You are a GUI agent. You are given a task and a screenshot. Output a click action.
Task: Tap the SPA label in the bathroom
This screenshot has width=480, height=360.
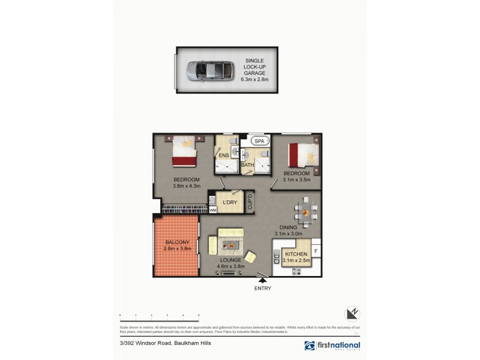[x=259, y=141]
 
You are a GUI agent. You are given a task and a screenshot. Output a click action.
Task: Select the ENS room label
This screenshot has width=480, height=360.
[x=223, y=155]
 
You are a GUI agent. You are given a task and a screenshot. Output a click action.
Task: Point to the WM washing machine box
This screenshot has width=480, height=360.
[x=212, y=211]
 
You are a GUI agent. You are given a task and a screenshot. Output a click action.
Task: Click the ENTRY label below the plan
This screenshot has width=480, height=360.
[x=263, y=289]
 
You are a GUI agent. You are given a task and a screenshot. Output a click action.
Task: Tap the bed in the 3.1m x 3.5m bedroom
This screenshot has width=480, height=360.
[x=303, y=154]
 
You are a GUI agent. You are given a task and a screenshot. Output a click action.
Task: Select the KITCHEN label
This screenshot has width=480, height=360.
[x=296, y=254]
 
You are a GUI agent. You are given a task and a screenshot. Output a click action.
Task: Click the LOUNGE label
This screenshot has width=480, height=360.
[x=230, y=260]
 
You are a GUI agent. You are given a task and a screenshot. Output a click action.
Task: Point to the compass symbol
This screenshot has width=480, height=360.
[x=353, y=313]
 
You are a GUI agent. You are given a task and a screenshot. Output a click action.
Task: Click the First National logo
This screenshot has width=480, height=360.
[x=332, y=346]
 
